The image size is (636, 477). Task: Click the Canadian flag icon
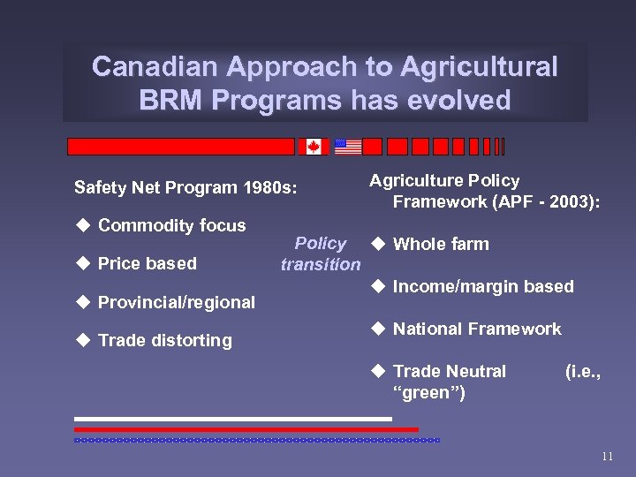click(313, 147)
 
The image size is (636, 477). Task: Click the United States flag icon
click(348, 147)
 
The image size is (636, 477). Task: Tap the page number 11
click(606, 457)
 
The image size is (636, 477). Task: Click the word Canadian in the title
click(156, 67)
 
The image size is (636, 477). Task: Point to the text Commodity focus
click(171, 225)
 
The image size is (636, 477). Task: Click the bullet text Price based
click(147, 263)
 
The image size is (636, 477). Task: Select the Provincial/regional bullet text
click(176, 302)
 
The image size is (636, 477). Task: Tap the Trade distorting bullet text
click(164, 340)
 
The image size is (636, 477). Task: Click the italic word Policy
click(320, 244)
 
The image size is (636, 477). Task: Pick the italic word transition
click(320, 264)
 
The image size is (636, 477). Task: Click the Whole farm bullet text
click(440, 245)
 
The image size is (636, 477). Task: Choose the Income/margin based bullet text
click(482, 286)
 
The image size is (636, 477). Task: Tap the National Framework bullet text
click(476, 329)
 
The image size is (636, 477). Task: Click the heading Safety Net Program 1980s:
click(186, 187)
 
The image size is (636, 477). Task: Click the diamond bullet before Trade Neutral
click(376, 371)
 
